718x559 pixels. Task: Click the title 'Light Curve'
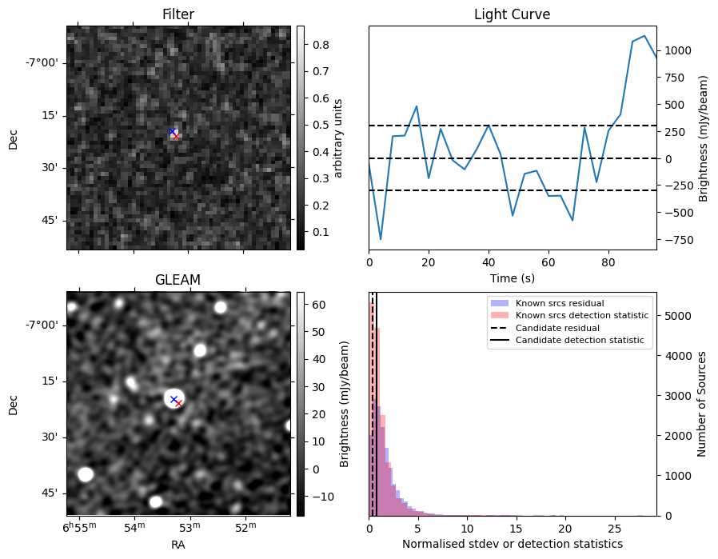click(512, 14)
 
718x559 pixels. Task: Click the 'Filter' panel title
click(178, 14)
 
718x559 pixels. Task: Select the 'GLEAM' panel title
click(178, 279)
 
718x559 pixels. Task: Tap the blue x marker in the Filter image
click(172, 131)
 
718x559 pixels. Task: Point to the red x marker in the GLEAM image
click(178, 404)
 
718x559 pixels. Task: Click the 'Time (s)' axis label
click(512, 278)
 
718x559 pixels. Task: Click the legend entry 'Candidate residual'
click(557, 328)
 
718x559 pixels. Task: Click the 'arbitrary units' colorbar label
click(338, 138)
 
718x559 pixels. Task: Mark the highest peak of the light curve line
click(644, 35)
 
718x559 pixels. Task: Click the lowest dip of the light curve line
click(381, 239)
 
